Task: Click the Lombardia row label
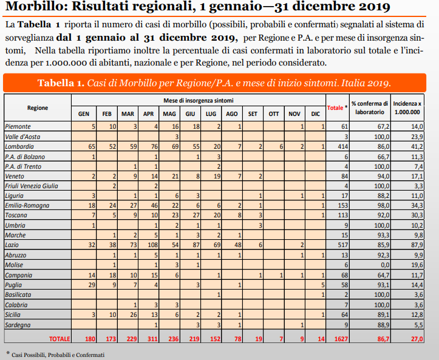(x=19, y=147)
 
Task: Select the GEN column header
(x=84, y=114)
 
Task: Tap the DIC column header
(x=315, y=114)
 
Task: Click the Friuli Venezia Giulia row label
(x=31, y=186)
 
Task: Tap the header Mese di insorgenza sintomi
(x=198, y=100)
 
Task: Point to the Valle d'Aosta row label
(x=22, y=137)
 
